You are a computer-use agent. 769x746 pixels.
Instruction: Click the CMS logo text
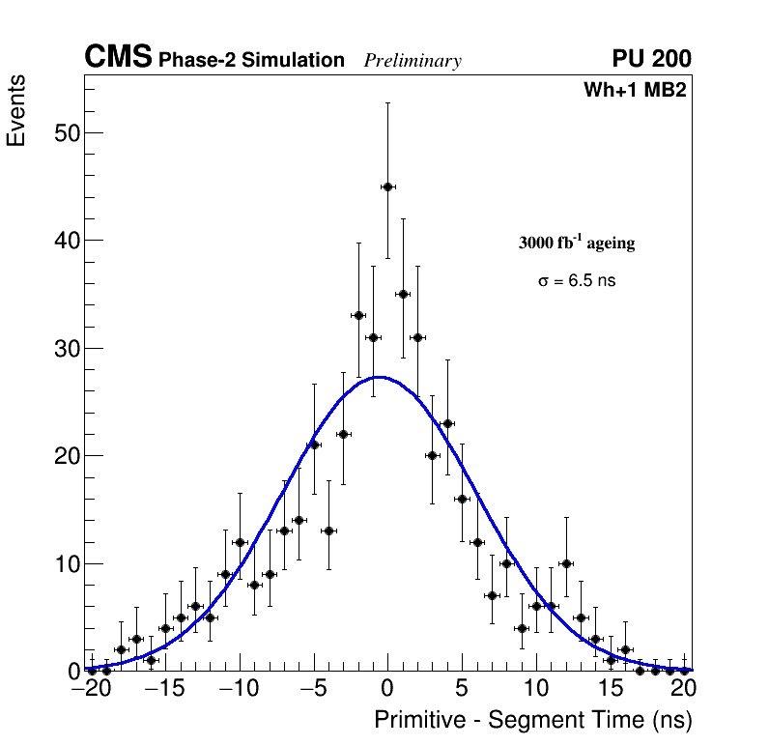tap(118, 58)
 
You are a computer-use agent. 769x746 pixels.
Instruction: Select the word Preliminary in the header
tap(413, 61)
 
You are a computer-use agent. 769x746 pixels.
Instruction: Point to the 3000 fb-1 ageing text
tap(577, 243)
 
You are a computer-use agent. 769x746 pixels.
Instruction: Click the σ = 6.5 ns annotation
tap(577, 281)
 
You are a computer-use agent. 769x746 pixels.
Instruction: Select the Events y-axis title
tap(16, 111)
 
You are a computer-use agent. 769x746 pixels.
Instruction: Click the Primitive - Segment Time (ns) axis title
tap(533, 720)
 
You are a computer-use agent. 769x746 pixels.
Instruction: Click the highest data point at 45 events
tap(387, 186)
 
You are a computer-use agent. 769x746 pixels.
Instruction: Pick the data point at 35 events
tap(403, 294)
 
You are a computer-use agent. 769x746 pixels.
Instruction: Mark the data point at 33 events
tap(358, 315)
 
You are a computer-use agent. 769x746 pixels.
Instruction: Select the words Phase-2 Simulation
tap(251, 61)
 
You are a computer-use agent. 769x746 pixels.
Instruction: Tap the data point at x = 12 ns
tap(566, 563)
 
